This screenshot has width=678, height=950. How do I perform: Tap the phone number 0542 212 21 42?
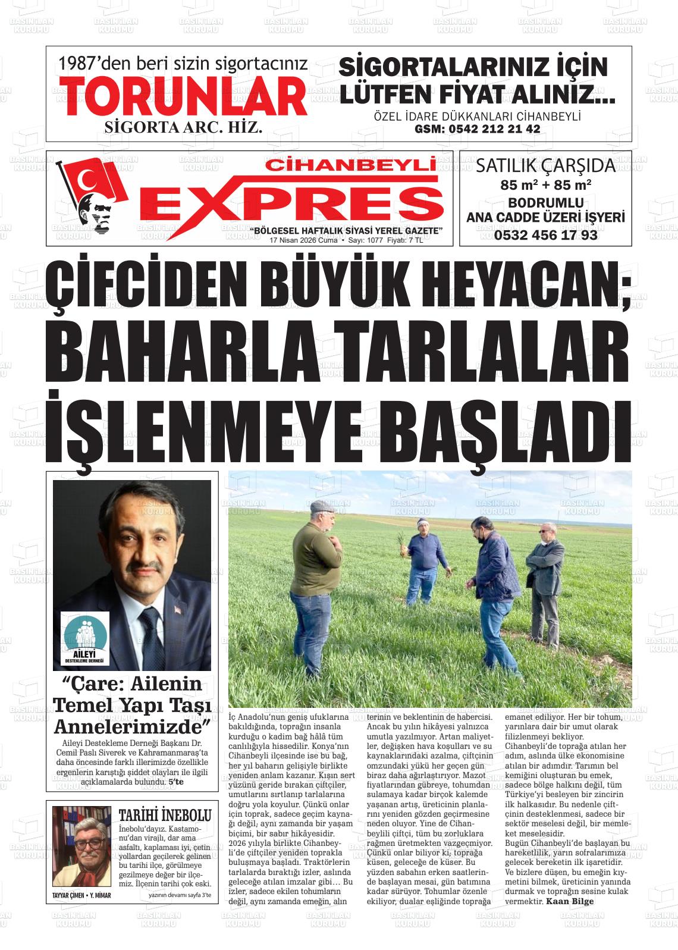pos(477,129)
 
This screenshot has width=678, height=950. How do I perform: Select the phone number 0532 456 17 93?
pos(545,235)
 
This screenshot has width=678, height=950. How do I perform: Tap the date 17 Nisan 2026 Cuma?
pos(303,241)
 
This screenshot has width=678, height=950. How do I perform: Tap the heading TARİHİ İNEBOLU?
pos(165,814)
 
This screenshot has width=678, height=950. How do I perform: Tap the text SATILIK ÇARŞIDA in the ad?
pos(545,165)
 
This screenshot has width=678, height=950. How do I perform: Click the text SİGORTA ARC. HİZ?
pos(183,127)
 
